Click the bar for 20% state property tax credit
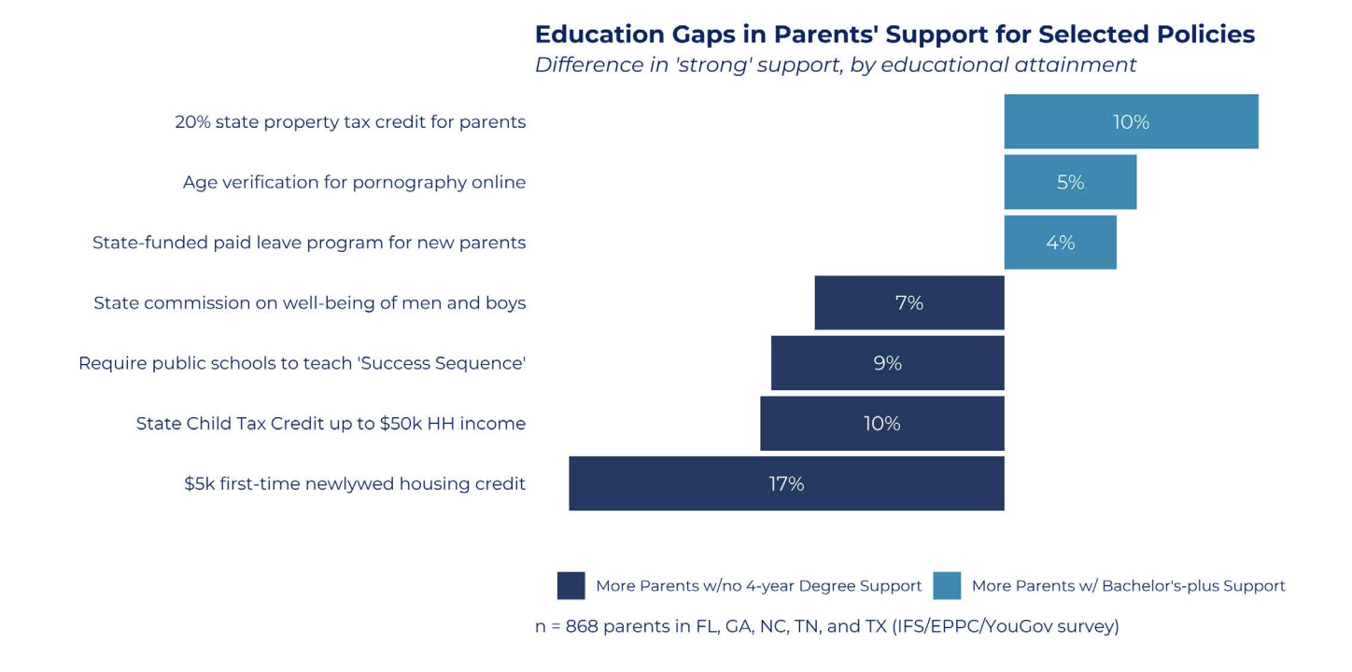pos(1131,121)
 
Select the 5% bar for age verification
pos(1070,182)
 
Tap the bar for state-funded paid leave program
pos(1061,243)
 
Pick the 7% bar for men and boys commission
pos(909,302)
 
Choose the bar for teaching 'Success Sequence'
pos(888,363)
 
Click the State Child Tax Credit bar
pos(882,424)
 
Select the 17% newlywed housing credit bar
pos(786,483)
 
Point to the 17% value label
pos(786,483)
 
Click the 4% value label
pos(1061,243)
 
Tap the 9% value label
pos(888,363)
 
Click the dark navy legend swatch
pos(571,585)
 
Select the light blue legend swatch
pos(947,585)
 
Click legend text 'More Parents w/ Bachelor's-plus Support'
pos(1128,586)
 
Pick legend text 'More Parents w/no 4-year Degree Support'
pos(759,586)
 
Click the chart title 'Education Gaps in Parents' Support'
pos(894,35)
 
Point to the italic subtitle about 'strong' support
pos(836,64)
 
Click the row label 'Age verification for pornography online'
pos(354,182)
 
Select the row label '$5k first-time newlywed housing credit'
pos(355,483)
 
